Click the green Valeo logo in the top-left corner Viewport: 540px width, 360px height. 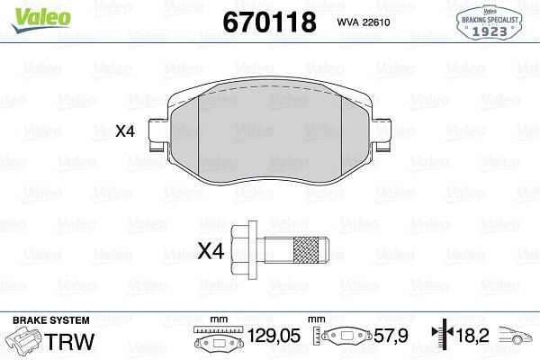point(28,11)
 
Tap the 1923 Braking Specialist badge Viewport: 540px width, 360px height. point(491,22)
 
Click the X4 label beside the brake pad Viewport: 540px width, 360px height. point(125,132)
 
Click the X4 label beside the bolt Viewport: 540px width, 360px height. point(210,252)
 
